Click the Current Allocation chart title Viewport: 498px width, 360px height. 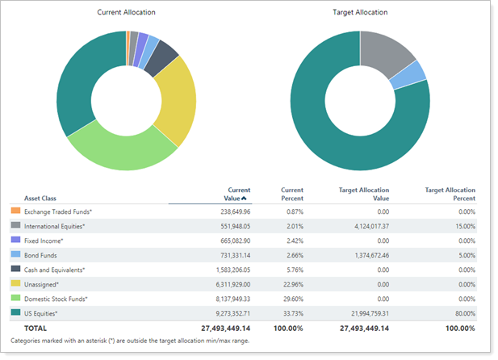coord(126,13)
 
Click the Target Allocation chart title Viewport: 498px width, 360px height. coord(360,13)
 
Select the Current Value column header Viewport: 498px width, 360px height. coord(233,194)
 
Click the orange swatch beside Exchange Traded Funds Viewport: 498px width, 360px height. coord(15,211)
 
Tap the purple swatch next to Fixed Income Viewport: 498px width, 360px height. coord(15,241)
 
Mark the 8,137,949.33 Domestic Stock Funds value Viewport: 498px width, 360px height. coord(226,299)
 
